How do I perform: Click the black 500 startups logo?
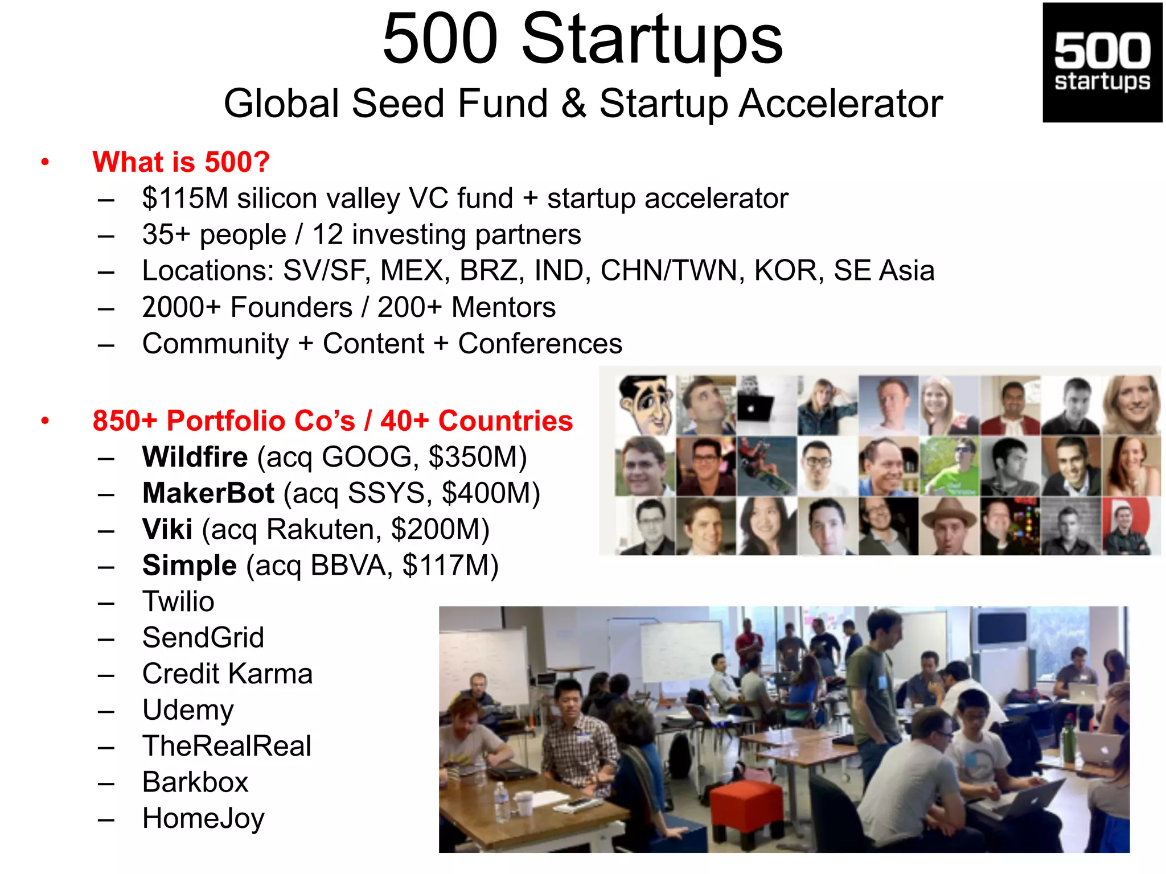1102,63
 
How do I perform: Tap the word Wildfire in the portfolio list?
195,457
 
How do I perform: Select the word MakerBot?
208,493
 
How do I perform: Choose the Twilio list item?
178,601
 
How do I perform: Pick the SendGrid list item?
203,637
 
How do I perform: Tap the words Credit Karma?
227,674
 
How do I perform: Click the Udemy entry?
188,710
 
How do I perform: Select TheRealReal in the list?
227,746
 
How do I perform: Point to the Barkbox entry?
195,782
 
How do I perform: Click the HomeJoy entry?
203,818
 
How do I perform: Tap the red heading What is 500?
180,162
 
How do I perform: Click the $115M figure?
185,199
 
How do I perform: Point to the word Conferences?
540,344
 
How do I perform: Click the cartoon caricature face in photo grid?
646,405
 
